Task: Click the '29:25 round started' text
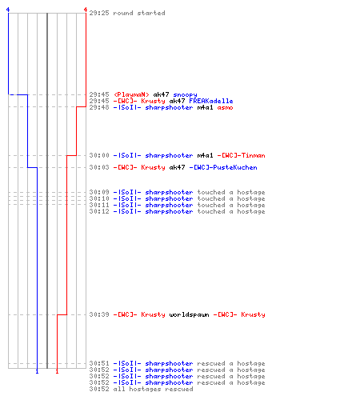[127, 13]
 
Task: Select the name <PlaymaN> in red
[131, 94]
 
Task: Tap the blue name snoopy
[185, 94]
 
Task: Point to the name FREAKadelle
[211, 101]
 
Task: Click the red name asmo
[225, 107]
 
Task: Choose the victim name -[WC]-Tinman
[241, 155]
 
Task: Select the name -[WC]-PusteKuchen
[223, 167]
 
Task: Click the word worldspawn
[189, 314]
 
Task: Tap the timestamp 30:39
[99, 314]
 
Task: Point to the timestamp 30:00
[99, 155]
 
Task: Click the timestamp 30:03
[99, 167]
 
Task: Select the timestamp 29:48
[99, 107]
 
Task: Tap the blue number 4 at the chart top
[8, 10]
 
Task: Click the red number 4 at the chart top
[86, 10]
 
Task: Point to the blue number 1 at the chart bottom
[37, 371]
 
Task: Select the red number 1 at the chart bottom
[57, 371]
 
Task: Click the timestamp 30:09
[99, 192]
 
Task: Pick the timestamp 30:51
[99, 363]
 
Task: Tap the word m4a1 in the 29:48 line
[205, 107]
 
